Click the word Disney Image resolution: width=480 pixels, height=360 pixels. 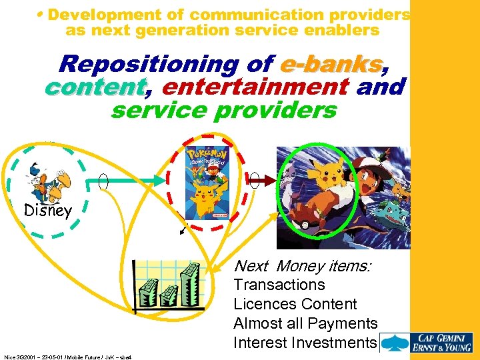[47, 211]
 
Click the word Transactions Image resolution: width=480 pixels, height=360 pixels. [279, 285]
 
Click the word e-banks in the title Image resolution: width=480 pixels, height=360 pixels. [331, 64]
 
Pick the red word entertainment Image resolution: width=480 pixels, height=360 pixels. [255, 87]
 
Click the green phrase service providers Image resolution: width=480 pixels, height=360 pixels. [224, 109]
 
